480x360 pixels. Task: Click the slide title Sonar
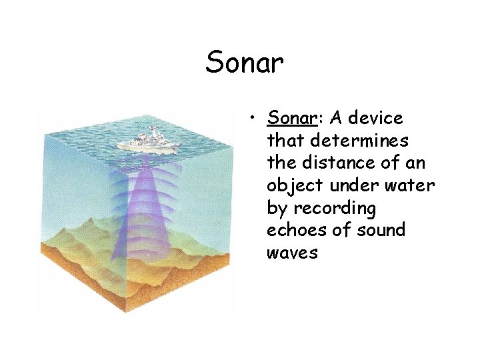point(245,63)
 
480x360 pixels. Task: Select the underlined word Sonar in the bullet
point(291,119)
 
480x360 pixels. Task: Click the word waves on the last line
point(292,253)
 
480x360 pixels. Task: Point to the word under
point(349,186)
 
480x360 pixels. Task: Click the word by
point(276,209)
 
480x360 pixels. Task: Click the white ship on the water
point(148,141)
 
